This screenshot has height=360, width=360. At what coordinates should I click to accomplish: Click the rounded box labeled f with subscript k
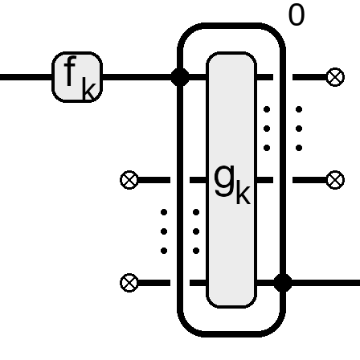click(77, 77)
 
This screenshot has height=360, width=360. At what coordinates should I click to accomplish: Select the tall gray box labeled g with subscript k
click(231, 180)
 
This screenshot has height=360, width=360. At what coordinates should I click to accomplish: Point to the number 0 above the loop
click(297, 15)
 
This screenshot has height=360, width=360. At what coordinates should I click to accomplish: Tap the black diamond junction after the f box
click(180, 77)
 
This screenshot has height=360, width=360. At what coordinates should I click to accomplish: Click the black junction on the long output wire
click(283, 283)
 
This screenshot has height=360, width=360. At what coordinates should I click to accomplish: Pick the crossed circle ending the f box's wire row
click(335, 77)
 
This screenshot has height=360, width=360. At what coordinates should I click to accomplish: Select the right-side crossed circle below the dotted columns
click(335, 180)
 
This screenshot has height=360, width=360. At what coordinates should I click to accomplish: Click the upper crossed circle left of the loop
click(129, 180)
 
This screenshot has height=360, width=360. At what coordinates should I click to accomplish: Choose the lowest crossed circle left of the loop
click(129, 283)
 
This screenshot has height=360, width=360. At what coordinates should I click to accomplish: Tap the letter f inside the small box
click(70, 71)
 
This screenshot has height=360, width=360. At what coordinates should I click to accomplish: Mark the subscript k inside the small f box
click(88, 88)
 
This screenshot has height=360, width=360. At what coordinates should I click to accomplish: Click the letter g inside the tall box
click(224, 181)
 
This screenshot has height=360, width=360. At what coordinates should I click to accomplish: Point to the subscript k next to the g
click(243, 192)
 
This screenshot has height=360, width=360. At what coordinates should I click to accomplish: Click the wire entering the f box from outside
click(26, 77)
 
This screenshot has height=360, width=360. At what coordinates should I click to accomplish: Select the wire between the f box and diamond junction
click(137, 77)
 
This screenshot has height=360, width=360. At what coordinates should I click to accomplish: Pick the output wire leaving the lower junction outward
click(325, 283)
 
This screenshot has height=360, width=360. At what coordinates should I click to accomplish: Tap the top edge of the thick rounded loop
click(231, 26)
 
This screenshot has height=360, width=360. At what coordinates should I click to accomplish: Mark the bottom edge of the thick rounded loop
click(231, 333)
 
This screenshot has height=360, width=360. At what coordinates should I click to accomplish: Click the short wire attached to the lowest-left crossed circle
click(154, 283)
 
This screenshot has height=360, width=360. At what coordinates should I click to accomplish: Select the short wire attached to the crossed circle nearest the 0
click(309, 77)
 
